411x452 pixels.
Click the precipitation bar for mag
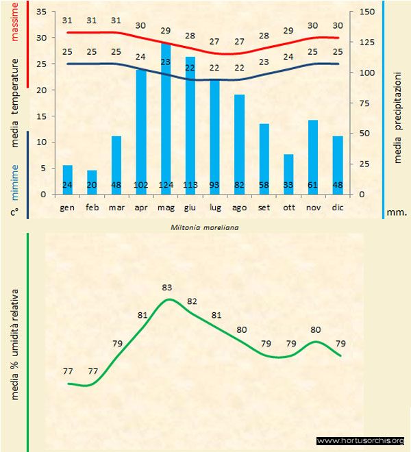(166, 116)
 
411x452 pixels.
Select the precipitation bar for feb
(92, 181)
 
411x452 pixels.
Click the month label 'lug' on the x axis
(214, 206)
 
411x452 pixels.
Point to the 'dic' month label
(338, 206)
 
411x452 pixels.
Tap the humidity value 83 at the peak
(166, 286)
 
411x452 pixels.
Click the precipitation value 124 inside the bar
(166, 185)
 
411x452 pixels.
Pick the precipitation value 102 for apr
(141, 185)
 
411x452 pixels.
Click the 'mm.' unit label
(397, 213)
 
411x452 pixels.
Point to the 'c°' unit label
(14, 213)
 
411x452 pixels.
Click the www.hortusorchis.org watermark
(362, 440)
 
